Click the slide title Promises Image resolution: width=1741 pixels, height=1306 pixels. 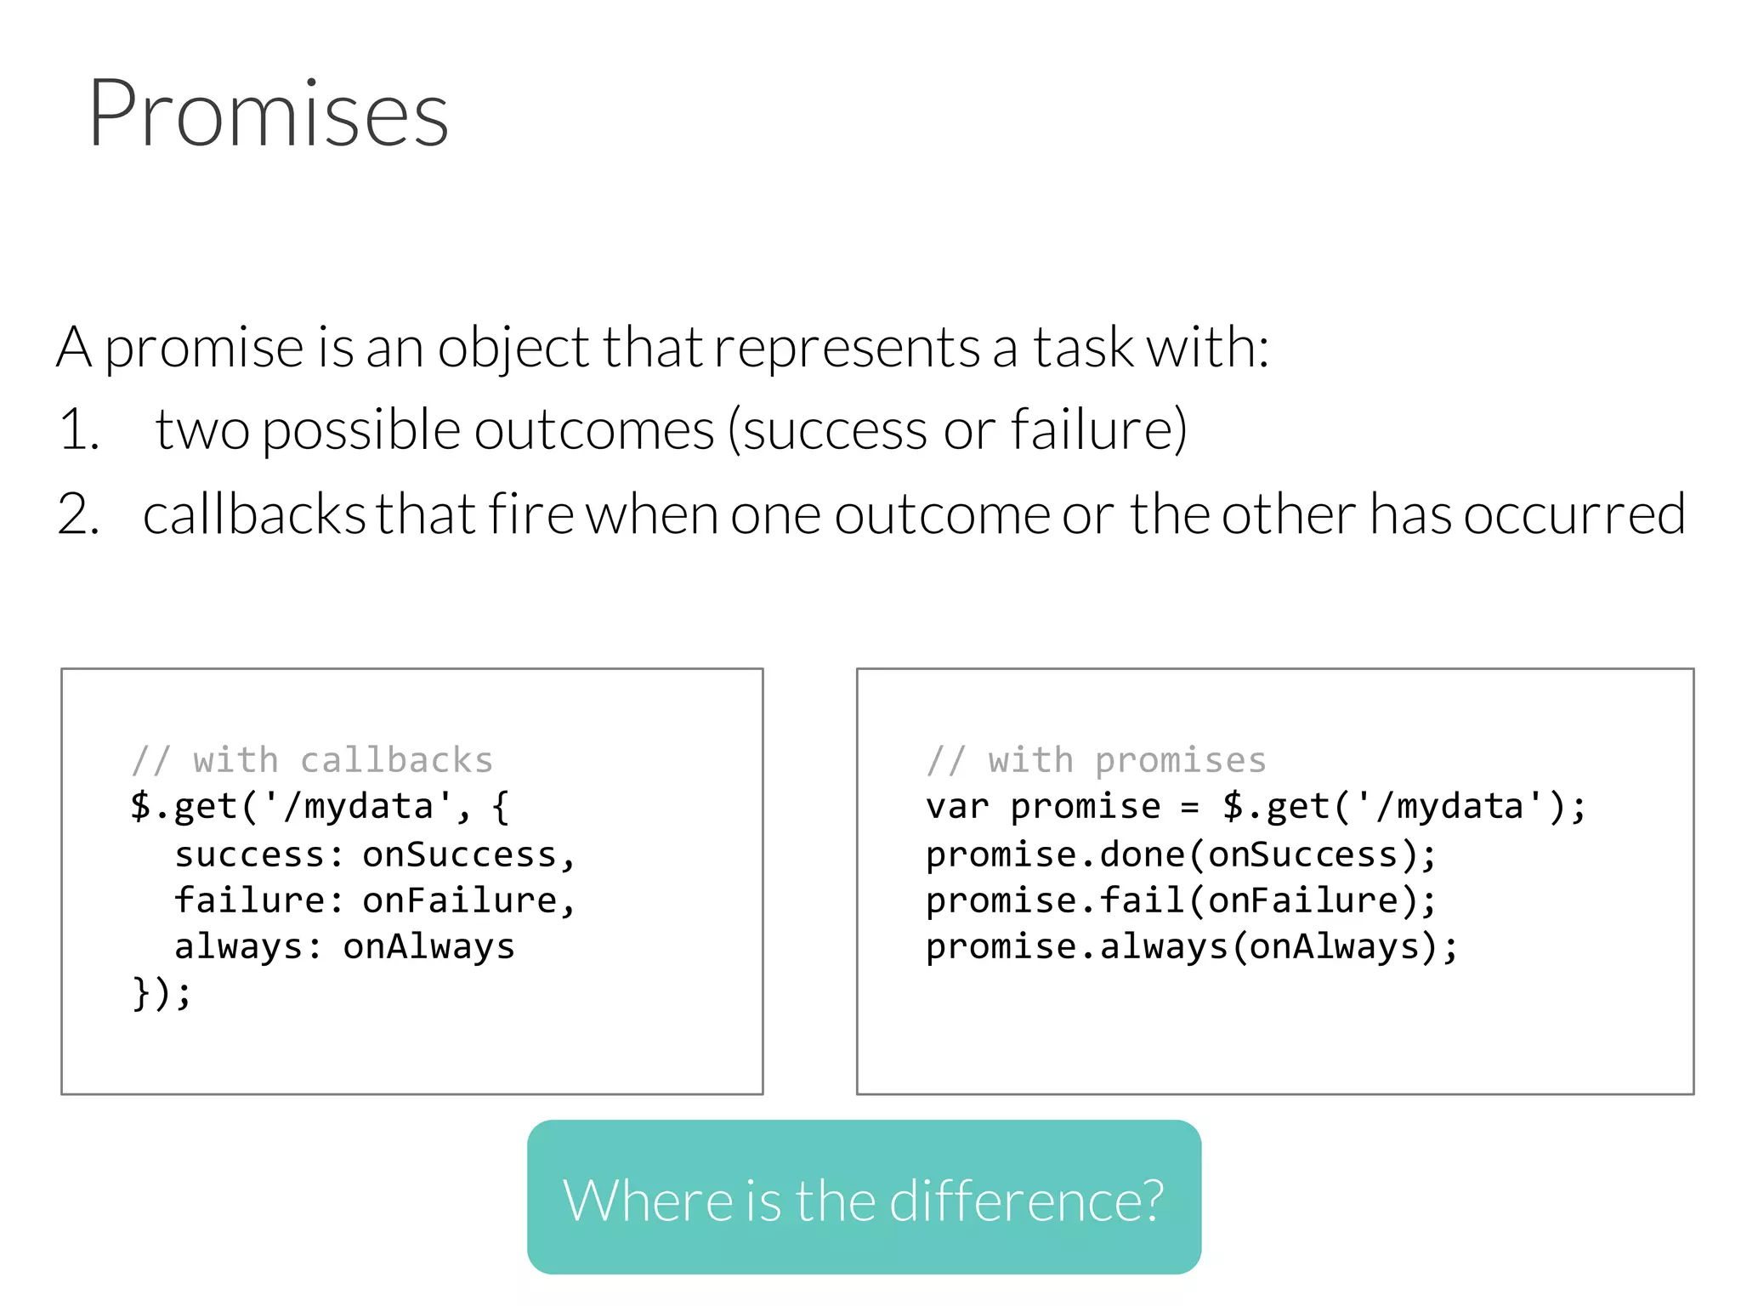click(x=268, y=114)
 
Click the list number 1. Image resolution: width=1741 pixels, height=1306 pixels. click(x=78, y=429)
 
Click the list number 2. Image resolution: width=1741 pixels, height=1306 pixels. click(x=78, y=514)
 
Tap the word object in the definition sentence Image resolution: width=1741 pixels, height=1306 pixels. click(x=513, y=349)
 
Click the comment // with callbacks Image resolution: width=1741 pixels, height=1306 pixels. click(x=312, y=760)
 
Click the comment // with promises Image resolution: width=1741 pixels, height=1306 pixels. click(x=1096, y=760)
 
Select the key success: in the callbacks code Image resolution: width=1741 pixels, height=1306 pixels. click(x=258, y=855)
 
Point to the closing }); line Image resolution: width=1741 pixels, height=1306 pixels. click(x=162, y=993)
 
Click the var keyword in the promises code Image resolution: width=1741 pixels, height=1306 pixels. click(x=956, y=807)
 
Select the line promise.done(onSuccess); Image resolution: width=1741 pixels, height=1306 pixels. click(x=1180, y=855)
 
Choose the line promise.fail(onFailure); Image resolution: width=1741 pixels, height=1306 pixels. click(x=1180, y=900)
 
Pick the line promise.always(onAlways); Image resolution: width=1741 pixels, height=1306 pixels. click(x=1190, y=946)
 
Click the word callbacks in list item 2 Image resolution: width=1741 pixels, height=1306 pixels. click(x=253, y=514)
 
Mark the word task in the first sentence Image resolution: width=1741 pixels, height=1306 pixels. click(x=1083, y=349)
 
